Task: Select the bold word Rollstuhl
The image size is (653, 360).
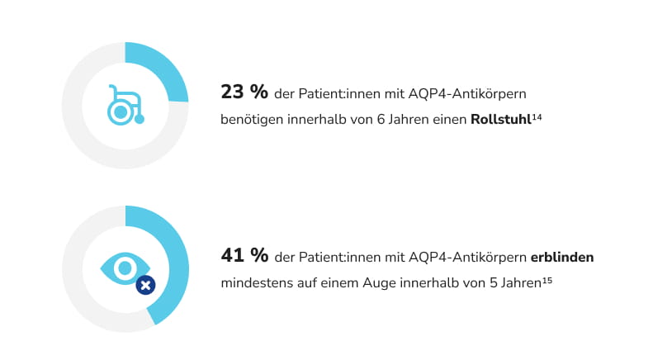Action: click(500, 120)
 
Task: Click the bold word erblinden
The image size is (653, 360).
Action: click(562, 258)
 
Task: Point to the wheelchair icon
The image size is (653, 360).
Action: click(125, 105)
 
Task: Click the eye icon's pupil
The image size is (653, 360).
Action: click(125, 267)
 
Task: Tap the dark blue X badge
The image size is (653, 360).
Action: click(145, 285)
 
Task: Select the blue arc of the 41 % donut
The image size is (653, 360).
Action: click(175, 272)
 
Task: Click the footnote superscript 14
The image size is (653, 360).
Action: click(537, 116)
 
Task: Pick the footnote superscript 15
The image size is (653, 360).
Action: click(547, 281)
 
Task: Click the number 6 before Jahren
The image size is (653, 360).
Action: click(381, 120)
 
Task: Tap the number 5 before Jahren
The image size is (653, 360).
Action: click(494, 284)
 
